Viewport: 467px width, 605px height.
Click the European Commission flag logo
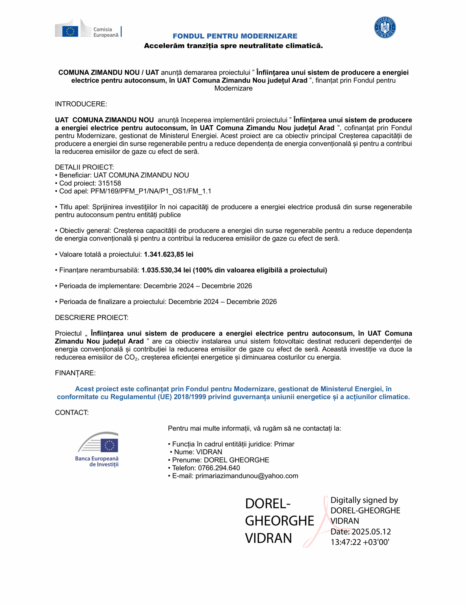(x=70, y=31)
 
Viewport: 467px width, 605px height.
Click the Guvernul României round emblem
(x=385, y=28)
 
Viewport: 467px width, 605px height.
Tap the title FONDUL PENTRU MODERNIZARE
(x=235, y=36)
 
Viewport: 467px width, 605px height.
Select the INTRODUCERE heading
(x=81, y=104)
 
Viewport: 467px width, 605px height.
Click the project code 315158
(x=109, y=183)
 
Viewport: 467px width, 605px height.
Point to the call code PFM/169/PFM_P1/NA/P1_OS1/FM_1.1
(x=151, y=191)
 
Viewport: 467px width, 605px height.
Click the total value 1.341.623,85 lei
(x=168, y=254)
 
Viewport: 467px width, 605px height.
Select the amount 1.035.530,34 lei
(x=166, y=270)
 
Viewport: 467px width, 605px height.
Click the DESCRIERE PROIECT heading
(x=92, y=318)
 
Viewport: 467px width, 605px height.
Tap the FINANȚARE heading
(x=75, y=373)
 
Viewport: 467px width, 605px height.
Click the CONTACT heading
(x=72, y=413)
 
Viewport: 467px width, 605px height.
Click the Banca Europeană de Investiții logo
(x=97, y=449)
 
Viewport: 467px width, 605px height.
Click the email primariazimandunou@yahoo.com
(x=247, y=476)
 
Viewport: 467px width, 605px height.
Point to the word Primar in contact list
(x=284, y=444)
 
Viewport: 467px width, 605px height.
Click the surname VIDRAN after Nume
(x=209, y=452)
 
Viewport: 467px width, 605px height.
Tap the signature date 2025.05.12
(x=371, y=531)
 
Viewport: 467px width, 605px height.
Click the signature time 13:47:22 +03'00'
(x=360, y=542)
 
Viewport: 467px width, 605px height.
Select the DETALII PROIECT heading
(x=84, y=167)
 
